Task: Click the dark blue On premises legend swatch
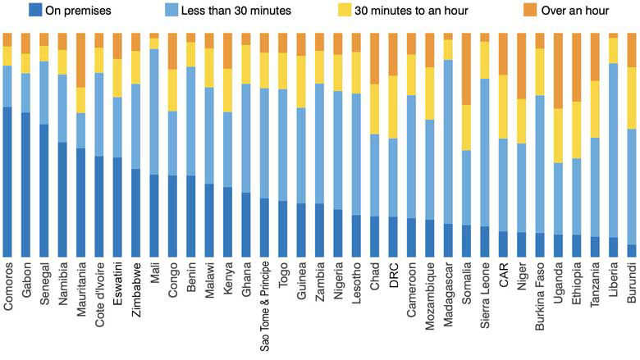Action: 34,11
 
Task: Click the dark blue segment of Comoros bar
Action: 7,180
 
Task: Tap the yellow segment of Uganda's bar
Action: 558,135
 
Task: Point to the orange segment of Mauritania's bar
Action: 81,61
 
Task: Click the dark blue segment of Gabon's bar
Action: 25,185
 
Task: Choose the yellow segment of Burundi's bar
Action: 631,98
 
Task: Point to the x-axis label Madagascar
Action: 448,291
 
